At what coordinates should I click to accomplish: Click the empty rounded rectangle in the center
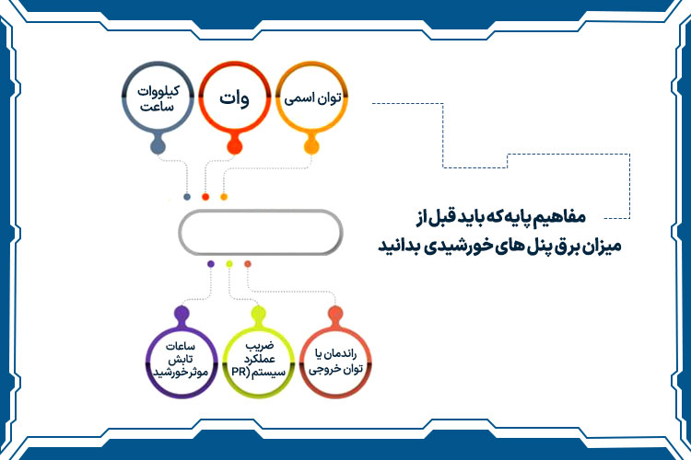click(261, 232)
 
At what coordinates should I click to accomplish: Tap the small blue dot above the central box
click(188, 196)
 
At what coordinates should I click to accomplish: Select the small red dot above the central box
click(205, 196)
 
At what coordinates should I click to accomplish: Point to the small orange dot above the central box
click(224, 196)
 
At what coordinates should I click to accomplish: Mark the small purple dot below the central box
click(211, 264)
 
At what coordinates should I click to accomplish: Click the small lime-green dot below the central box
click(229, 264)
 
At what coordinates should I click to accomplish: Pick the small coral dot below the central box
click(248, 264)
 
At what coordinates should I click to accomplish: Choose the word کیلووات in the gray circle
click(158, 90)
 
